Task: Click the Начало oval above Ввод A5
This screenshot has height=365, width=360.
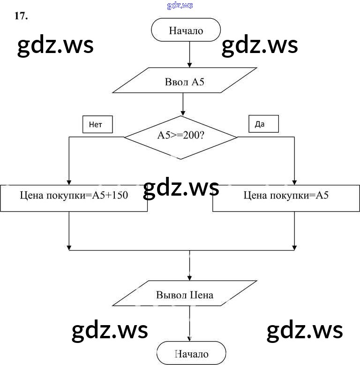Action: click(186, 31)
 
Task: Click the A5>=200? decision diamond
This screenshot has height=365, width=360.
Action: click(181, 137)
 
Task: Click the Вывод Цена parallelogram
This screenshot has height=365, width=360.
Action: click(185, 295)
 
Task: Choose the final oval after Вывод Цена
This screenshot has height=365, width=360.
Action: click(191, 354)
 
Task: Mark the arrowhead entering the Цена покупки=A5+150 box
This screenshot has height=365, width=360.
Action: click(69, 182)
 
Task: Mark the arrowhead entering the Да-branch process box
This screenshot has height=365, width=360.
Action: click(294, 182)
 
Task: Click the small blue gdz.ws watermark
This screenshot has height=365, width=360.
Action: click(180, 6)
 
